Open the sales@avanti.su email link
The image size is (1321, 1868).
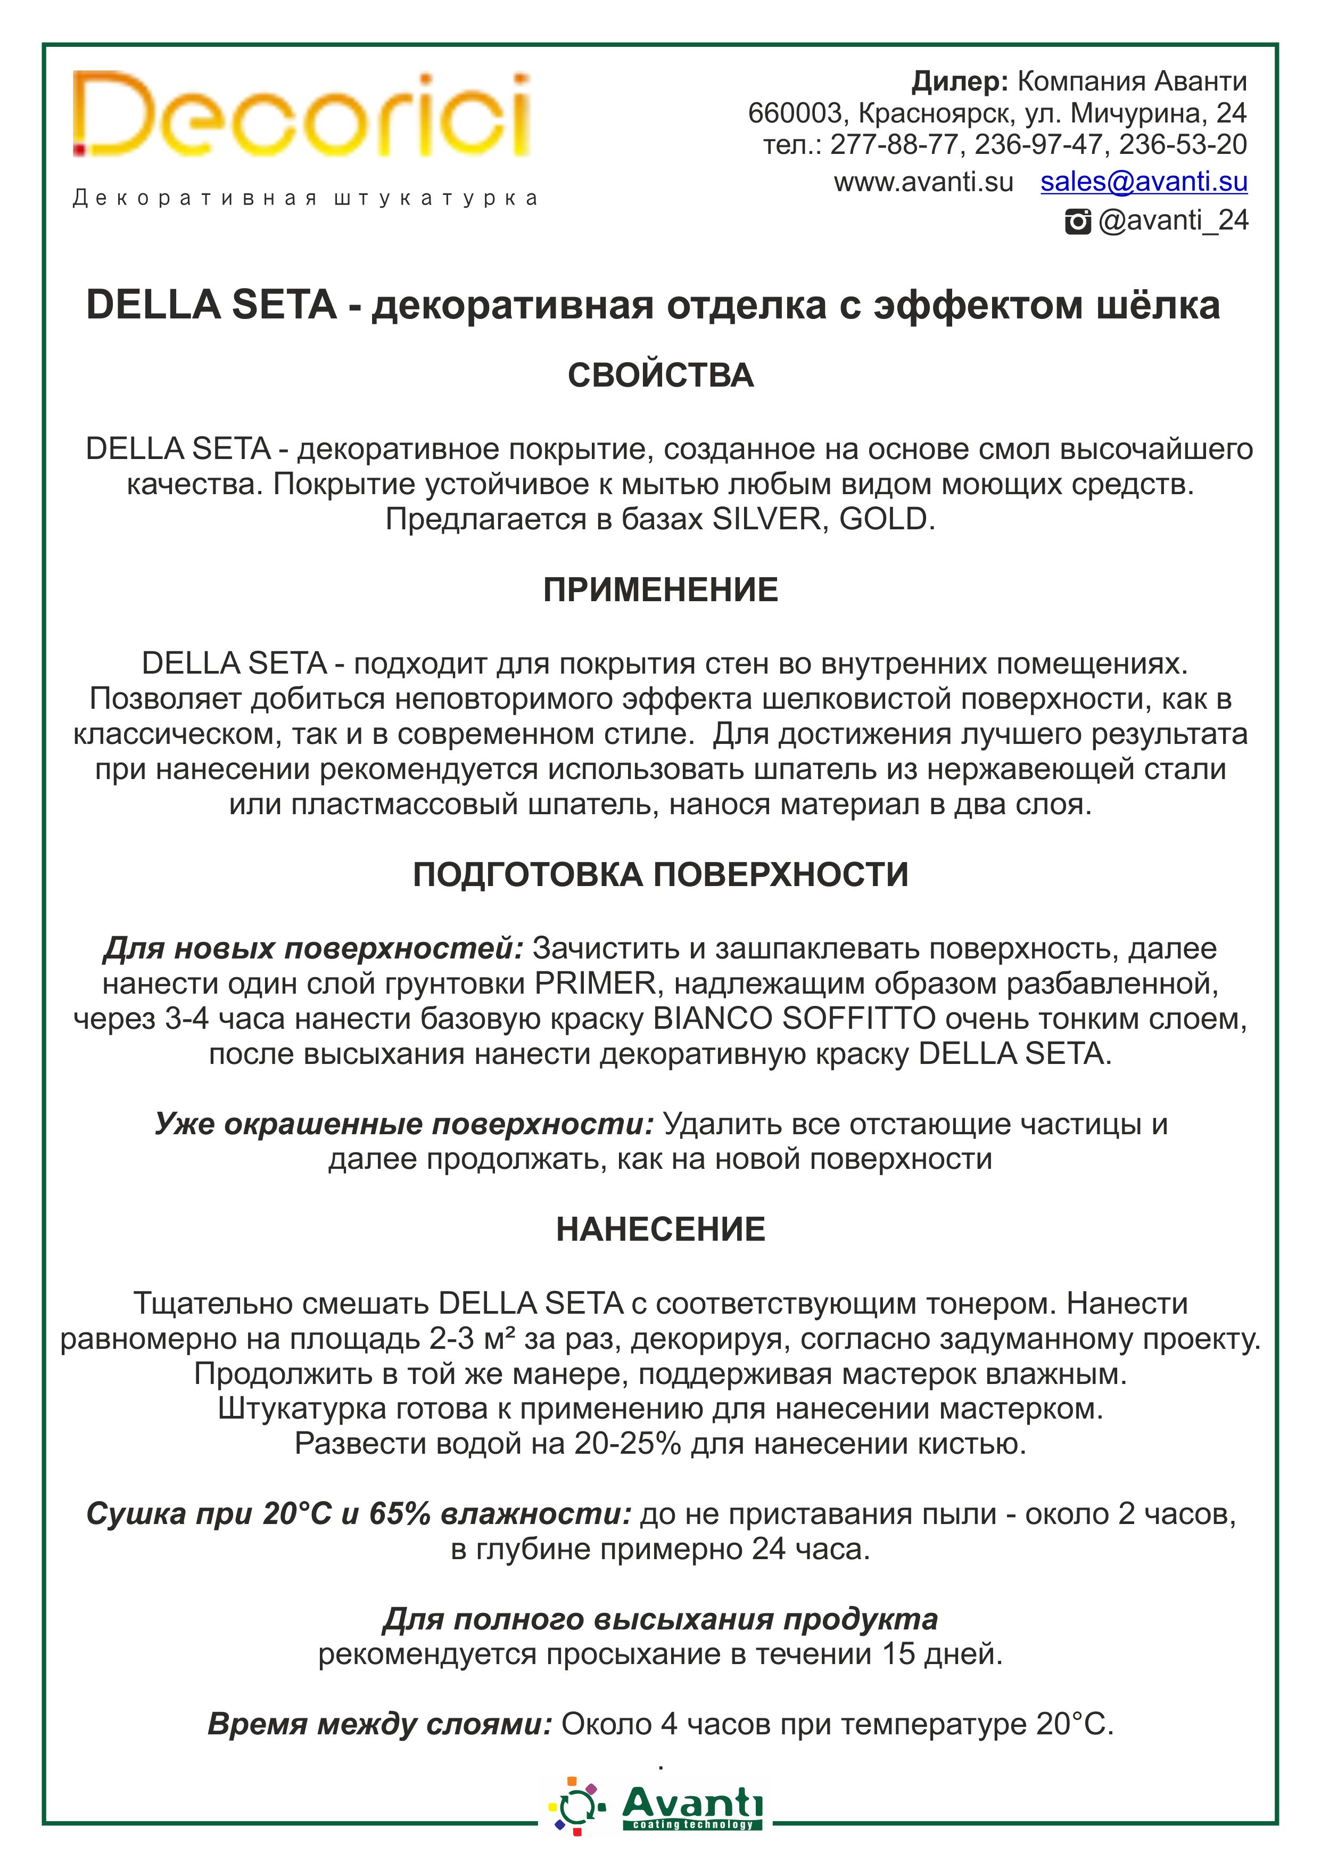(1144, 182)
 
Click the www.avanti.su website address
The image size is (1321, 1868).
(923, 182)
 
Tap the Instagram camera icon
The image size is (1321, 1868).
(1078, 222)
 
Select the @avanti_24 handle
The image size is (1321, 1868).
(1173, 220)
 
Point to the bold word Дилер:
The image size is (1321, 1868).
(959, 81)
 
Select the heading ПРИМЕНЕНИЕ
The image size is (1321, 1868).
(660, 590)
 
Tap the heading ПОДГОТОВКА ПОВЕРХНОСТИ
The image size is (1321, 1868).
(660, 874)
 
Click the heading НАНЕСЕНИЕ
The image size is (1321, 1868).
(660, 1230)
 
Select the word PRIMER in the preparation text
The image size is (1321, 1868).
(596, 984)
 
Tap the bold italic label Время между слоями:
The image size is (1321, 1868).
(380, 1725)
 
